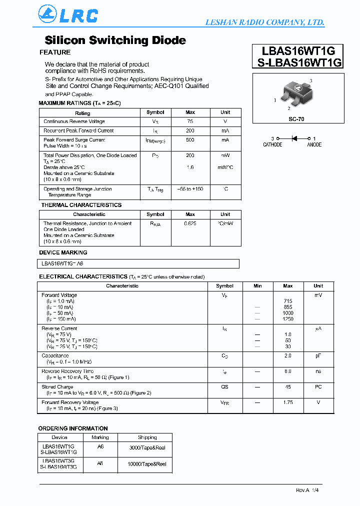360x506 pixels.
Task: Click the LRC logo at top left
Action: click(68, 15)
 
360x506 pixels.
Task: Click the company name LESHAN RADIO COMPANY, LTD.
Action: click(265, 22)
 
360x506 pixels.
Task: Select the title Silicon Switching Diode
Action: click(115, 40)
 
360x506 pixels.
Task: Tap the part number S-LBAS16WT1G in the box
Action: click(298, 62)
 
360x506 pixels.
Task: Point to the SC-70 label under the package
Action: click(296, 119)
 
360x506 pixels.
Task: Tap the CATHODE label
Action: click(272, 145)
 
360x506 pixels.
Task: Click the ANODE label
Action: click(314, 145)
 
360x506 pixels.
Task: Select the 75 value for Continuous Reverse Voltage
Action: click(190, 121)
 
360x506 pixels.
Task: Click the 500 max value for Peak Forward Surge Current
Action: click(190, 140)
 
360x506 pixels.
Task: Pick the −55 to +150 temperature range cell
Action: click(190, 189)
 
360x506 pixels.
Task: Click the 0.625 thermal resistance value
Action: click(190, 223)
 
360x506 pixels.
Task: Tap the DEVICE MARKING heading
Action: click(63, 252)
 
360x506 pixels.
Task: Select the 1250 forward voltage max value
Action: click(288, 319)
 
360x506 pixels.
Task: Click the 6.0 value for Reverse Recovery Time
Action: click(288, 371)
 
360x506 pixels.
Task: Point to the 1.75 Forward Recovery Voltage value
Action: click(288, 402)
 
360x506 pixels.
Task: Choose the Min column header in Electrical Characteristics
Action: click(257, 286)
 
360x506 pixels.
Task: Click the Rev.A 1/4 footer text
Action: click(306, 490)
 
